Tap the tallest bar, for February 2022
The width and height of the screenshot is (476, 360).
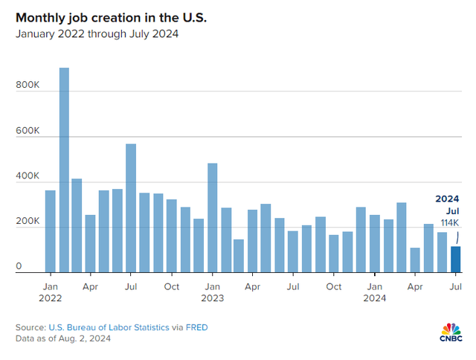(x=64, y=170)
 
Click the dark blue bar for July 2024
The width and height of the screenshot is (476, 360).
(x=455, y=260)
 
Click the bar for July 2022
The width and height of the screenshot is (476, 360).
(x=131, y=208)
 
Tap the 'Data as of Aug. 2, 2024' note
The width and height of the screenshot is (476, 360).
(x=65, y=338)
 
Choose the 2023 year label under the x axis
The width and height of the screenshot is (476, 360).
(x=213, y=298)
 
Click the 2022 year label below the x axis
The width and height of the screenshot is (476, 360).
(x=51, y=298)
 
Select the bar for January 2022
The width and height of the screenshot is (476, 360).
(x=51, y=231)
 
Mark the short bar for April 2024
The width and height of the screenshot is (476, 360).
(x=415, y=260)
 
